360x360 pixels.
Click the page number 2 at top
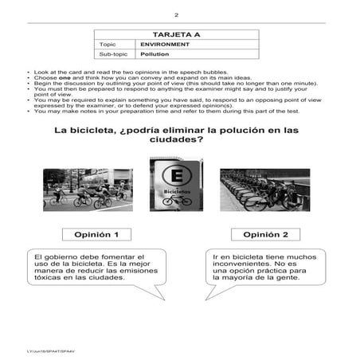click(x=180, y=15)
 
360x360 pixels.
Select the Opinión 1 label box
click(x=97, y=236)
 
